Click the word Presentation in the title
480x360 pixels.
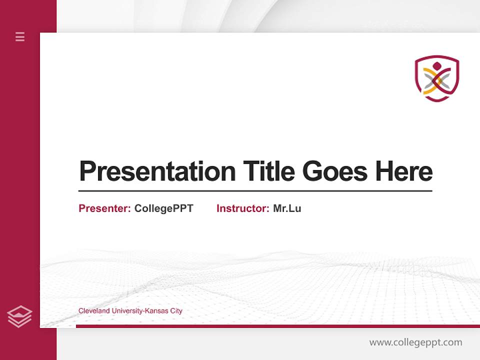pos(157,171)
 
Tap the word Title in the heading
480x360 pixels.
pos(268,171)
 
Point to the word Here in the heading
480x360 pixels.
pos(404,171)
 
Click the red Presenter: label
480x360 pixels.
pos(104,208)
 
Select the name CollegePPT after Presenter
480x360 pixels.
pos(163,208)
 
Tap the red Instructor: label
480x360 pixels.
pos(242,208)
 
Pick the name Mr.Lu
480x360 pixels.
pos(287,208)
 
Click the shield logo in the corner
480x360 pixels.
pos(436,78)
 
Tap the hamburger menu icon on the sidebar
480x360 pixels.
pos(20,36)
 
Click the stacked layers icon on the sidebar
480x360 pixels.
pos(19,316)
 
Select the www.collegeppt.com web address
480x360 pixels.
pos(415,342)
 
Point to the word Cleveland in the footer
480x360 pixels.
pos(94,311)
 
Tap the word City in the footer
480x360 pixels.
pos(176,311)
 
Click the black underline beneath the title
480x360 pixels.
pos(255,191)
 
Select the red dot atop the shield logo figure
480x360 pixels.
pos(436,65)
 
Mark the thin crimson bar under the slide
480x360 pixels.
pos(277,326)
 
